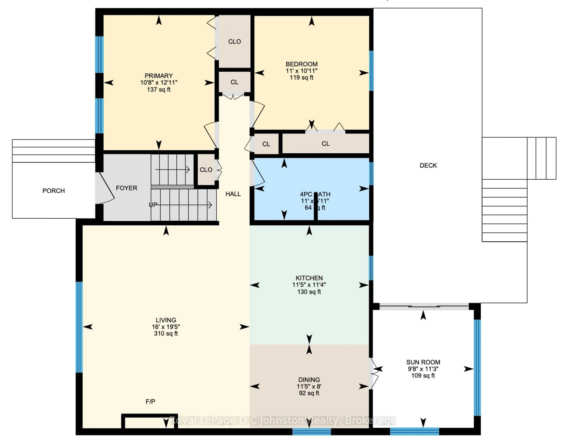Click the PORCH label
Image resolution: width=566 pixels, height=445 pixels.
coord(54,191)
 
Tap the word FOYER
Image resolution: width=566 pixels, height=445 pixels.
coord(126,188)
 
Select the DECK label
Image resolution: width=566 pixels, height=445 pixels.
coord(428,165)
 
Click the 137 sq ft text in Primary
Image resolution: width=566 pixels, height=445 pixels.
coord(159,90)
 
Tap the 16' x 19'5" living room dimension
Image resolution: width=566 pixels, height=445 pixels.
coord(166,327)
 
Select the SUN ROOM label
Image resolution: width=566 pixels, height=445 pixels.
coord(423,362)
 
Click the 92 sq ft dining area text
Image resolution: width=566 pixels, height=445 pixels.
coord(309,393)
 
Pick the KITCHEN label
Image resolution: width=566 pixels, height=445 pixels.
coord(309,278)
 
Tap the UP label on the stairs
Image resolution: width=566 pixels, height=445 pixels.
coord(153,205)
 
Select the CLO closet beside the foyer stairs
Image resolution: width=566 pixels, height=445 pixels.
coord(206,170)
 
